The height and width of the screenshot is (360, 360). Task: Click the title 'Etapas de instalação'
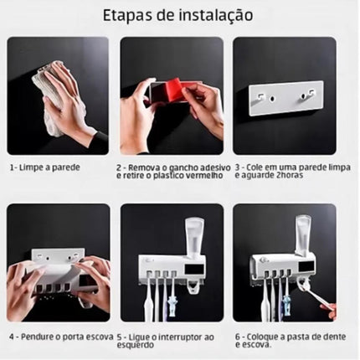coord(179,16)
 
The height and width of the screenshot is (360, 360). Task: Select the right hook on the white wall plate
coord(300,97)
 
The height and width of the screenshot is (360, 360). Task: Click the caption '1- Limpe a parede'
coord(45,167)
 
